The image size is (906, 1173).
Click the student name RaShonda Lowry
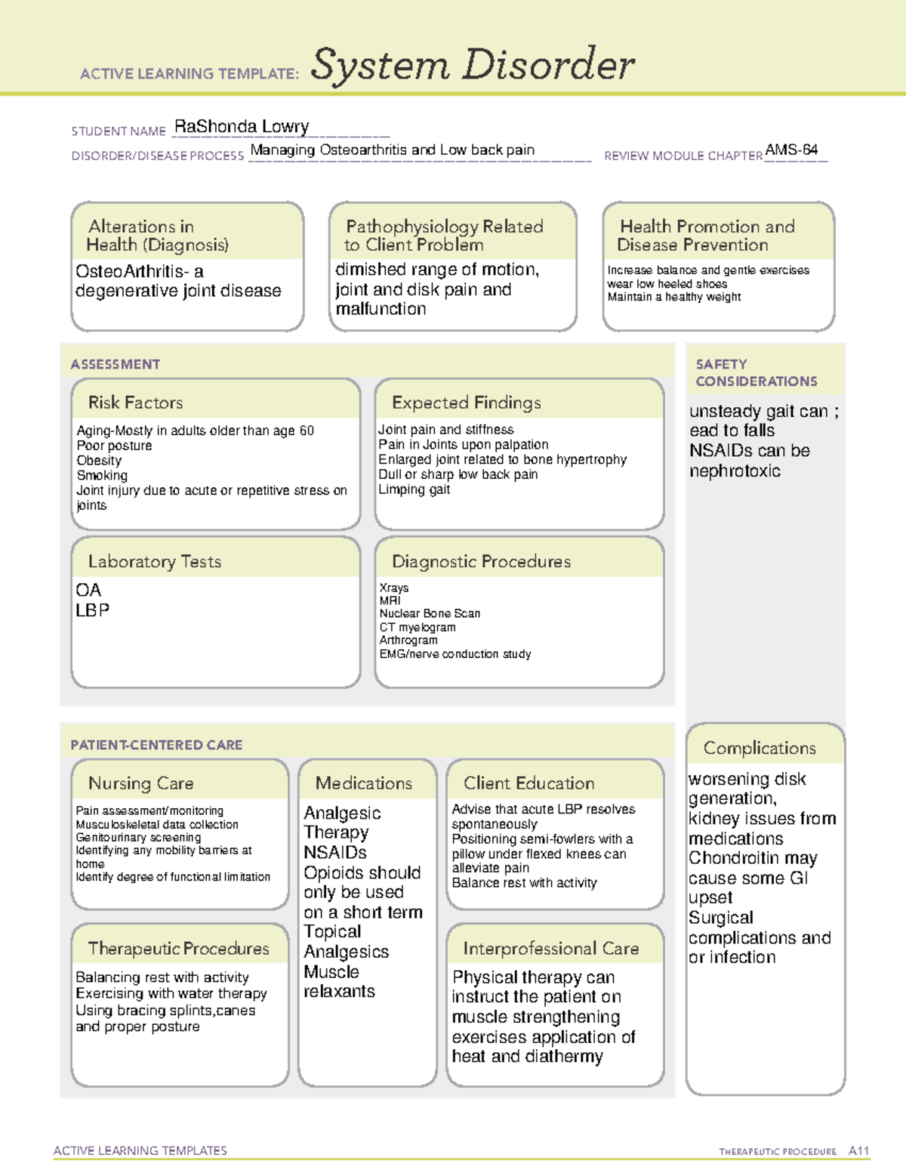241,127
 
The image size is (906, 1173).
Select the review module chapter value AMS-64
790,150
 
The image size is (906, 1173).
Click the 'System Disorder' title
473,65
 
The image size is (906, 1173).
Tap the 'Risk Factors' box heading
135,403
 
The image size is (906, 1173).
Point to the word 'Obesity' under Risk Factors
99,461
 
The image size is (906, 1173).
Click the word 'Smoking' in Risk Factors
102,476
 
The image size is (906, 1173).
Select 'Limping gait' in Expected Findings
414,489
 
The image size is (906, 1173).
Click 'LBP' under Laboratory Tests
92,610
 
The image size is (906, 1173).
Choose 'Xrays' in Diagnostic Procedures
394,588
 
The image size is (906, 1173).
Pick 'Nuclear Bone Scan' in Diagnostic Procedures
430,613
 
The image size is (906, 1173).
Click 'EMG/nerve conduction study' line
455,654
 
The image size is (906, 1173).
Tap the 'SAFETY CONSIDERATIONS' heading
756,373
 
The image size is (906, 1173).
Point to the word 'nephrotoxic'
735,471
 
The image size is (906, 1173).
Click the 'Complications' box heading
760,748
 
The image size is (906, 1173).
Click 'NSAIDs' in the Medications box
334,853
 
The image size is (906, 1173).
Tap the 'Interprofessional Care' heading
550,949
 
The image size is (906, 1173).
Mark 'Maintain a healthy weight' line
673,298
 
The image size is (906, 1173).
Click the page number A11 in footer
858,1151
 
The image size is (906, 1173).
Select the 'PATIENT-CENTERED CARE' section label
156,745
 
